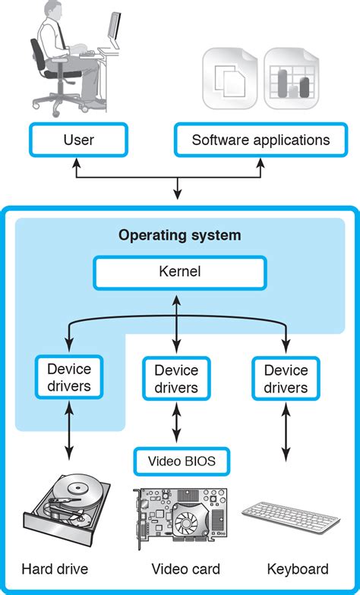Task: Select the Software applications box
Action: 261,140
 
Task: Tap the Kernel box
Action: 180,272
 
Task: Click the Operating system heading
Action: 180,235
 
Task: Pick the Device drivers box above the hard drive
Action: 69,378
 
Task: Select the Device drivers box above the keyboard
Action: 286,379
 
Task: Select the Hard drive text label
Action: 55,569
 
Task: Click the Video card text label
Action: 185,569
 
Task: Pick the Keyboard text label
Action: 298,569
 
